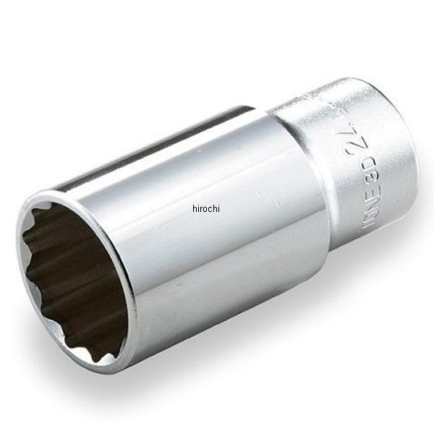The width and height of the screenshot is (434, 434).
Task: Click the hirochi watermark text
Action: pos(205,208)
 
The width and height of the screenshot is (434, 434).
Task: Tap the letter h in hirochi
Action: pos(195,208)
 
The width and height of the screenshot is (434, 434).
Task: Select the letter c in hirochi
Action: pos(210,209)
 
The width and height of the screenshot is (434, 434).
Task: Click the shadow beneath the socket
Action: pos(239,362)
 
